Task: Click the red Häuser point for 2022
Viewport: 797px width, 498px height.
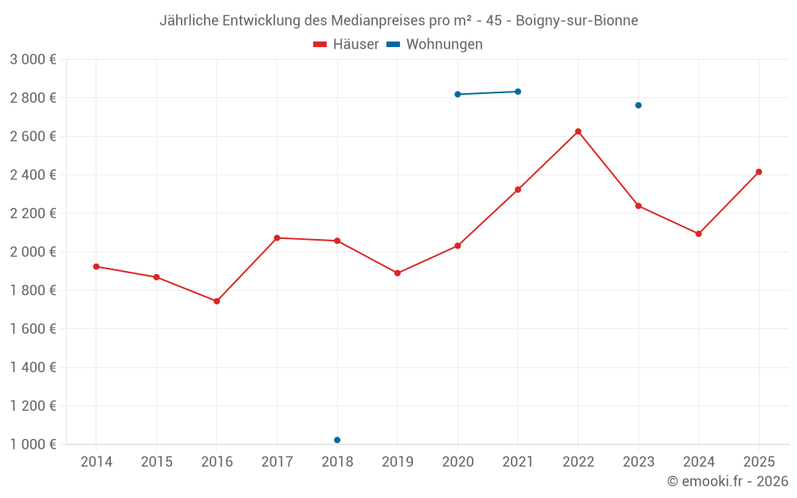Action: click(578, 131)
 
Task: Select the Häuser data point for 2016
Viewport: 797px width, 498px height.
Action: click(217, 301)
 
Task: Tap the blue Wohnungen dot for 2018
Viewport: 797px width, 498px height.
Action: click(337, 440)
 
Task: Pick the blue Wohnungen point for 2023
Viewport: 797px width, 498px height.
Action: click(638, 105)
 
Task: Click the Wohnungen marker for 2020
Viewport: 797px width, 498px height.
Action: click(457, 94)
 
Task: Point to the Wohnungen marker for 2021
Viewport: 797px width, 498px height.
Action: click(518, 92)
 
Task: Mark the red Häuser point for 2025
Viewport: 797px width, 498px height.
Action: click(759, 172)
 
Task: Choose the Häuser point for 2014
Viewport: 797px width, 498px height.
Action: click(96, 266)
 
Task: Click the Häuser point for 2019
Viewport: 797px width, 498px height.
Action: click(398, 273)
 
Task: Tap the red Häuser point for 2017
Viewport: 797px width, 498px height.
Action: click(277, 237)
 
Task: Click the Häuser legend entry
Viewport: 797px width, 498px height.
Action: click(346, 45)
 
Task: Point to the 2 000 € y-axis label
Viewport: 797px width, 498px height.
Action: click(33, 252)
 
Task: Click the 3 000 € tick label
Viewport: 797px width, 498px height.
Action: click(33, 60)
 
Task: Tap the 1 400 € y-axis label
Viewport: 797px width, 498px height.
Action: click(33, 367)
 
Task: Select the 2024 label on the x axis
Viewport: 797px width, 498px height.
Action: click(699, 461)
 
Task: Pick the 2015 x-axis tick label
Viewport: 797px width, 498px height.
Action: click(156, 461)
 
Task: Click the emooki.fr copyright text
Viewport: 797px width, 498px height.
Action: click(728, 481)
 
